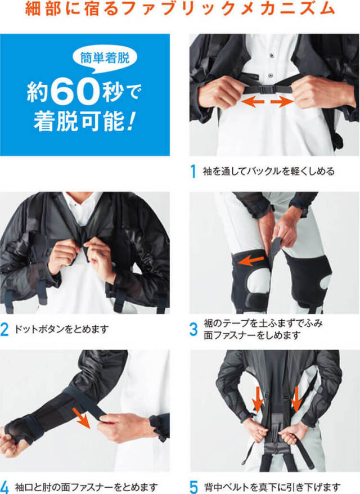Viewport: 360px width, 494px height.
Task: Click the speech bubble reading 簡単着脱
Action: pyautogui.click(x=105, y=57)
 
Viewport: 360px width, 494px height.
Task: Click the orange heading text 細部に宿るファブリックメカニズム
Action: pyautogui.click(x=180, y=10)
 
